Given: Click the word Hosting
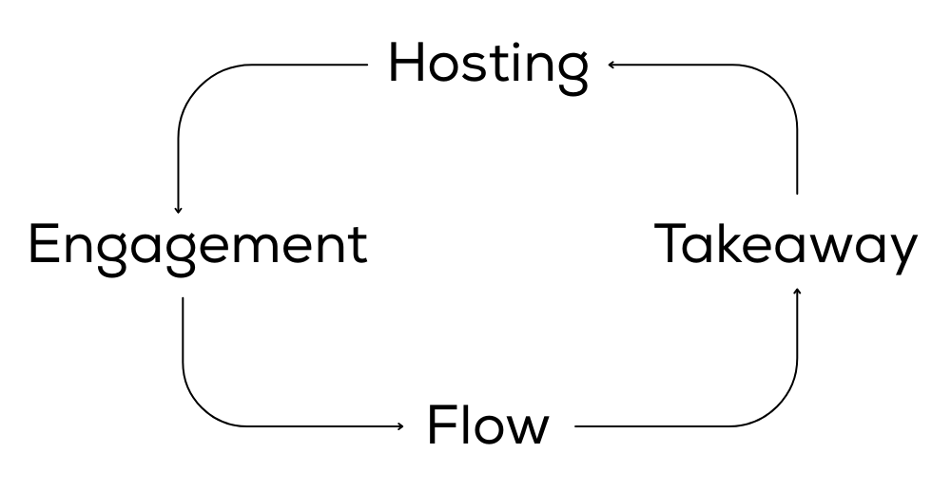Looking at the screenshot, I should [x=488, y=65].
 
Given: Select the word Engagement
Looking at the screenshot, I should [x=198, y=245].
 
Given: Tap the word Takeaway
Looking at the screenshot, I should [x=786, y=245].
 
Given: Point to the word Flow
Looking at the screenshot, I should [x=488, y=425].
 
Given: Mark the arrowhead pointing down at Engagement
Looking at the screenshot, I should [x=178, y=210].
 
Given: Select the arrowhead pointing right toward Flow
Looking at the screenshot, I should [x=400, y=426].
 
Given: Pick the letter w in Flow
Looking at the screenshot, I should [x=529, y=430].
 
